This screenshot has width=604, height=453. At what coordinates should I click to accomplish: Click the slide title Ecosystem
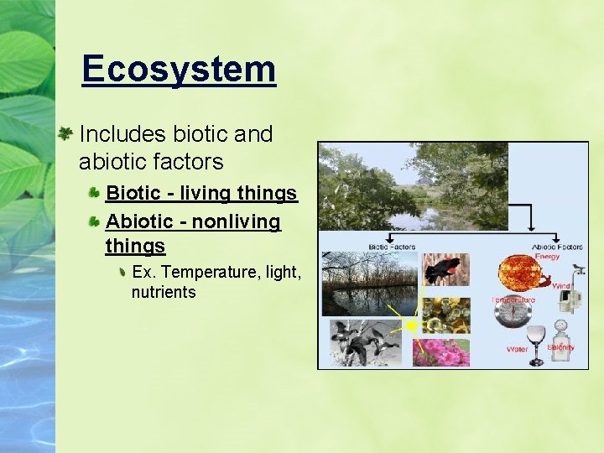tap(179, 69)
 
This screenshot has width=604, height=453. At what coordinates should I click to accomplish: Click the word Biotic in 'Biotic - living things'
tap(133, 193)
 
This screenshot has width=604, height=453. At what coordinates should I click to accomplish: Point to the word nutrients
tap(164, 293)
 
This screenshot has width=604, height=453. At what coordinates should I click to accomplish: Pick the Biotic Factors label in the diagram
tap(392, 247)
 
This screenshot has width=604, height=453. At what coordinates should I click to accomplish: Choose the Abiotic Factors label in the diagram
tap(557, 247)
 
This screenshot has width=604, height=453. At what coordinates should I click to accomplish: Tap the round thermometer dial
tap(513, 314)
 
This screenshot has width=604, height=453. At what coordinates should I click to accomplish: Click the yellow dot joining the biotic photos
tap(411, 325)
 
